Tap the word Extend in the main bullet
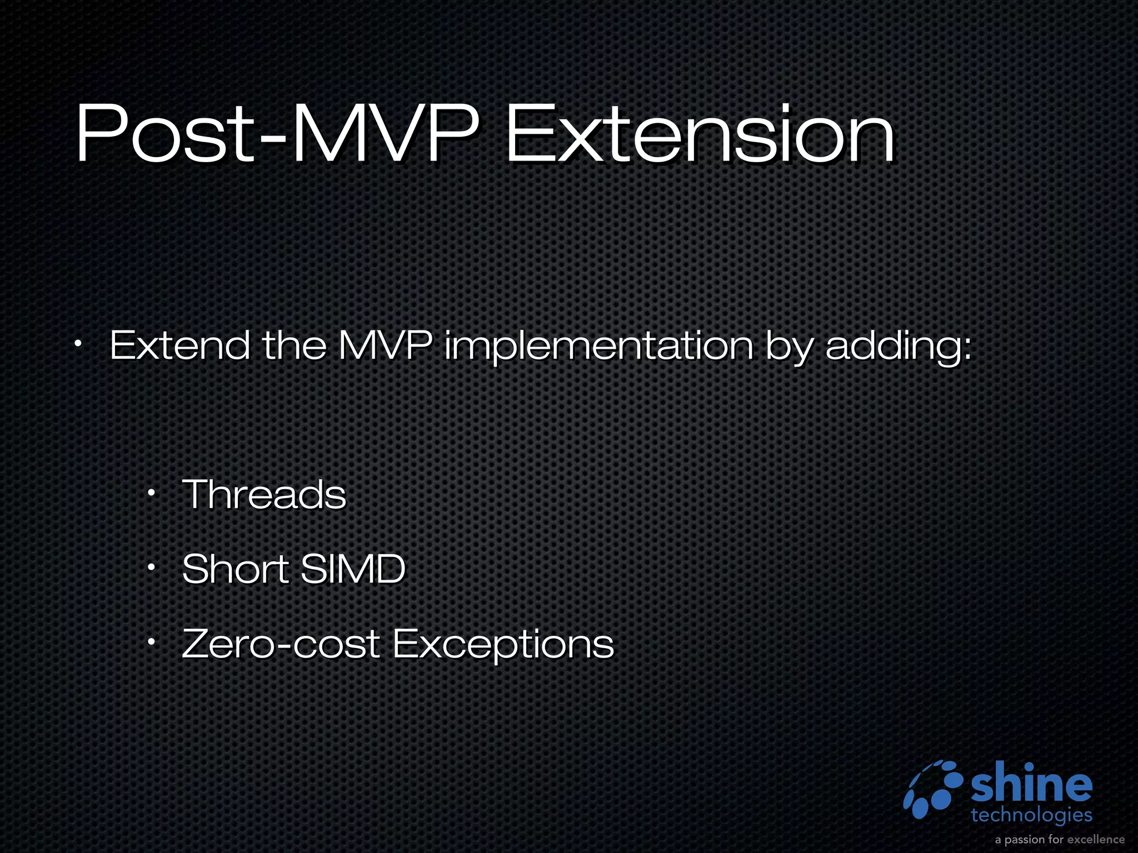tap(179, 345)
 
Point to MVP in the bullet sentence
tap(385, 345)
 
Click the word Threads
tap(264, 494)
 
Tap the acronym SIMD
tap(353, 569)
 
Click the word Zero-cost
tap(281, 644)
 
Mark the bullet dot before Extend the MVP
tap(78, 344)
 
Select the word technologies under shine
tap(1031, 815)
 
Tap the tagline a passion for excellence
tap(1060, 839)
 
